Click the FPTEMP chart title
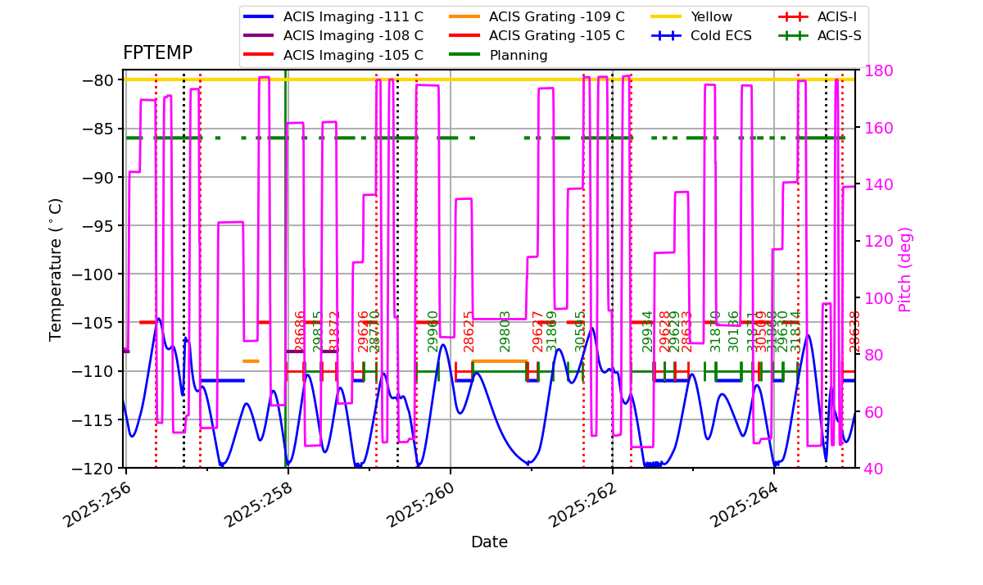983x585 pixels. coord(157,53)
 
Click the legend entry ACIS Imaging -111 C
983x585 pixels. coord(353,16)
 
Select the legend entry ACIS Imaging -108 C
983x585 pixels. coord(353,36)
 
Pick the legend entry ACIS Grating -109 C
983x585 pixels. coord(556,16)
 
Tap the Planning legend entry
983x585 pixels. coord(518,56)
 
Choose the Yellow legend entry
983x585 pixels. coord(711,16)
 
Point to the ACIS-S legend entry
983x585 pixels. coord(839,36)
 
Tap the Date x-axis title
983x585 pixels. coord(489,542)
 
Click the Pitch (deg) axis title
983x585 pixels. coord(905,269)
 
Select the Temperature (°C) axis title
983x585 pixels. coord(56,269)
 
